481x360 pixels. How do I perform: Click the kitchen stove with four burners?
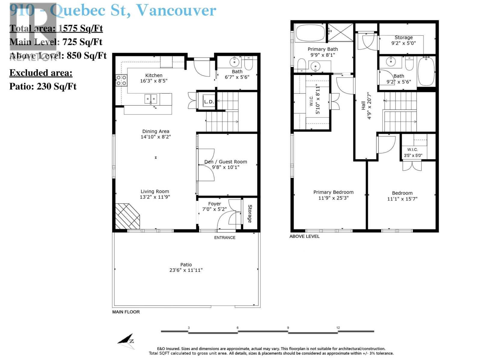[121, 80]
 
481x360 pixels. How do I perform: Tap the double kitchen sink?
[151, 99]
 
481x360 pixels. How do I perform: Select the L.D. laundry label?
[209, 102]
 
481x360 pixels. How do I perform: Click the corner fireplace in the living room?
[127, 217]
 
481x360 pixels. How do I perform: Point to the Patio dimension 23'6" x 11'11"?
[186, 270]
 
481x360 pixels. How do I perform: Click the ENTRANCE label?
[225, 238]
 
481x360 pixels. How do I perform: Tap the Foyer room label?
[214, 204]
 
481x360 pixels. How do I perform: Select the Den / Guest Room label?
[225, 162]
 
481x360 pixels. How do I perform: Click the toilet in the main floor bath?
[249, 63]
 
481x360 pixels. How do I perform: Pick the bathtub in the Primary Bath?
[310, 33]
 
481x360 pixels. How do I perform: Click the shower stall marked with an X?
[341, 32]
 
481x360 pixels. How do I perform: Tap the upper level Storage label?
[403, 37]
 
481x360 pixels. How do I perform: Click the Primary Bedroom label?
[333, 192]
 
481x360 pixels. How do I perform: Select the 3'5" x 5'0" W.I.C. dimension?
[413, 155]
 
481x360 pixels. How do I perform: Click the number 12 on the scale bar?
[338, 328]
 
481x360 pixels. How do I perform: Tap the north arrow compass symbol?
[126, 341]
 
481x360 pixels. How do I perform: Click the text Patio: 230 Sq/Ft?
[43, 86]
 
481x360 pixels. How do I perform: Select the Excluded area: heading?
[41, 73]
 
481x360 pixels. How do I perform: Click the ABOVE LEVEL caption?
[304, 236]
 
